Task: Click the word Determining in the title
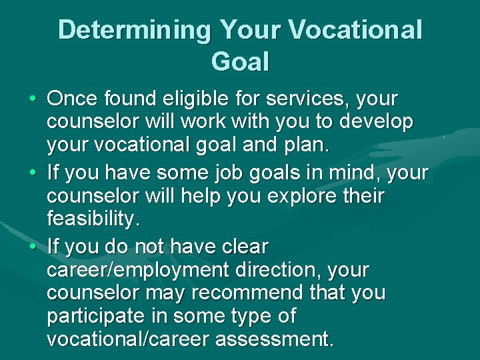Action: point(133,30)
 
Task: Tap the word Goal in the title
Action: point(240,62)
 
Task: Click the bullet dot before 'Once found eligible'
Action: point(33,100)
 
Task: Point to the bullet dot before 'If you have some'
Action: point(33,174)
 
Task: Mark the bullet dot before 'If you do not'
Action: point(33,247)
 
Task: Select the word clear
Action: point(241,247)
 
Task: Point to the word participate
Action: point(95,316)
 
